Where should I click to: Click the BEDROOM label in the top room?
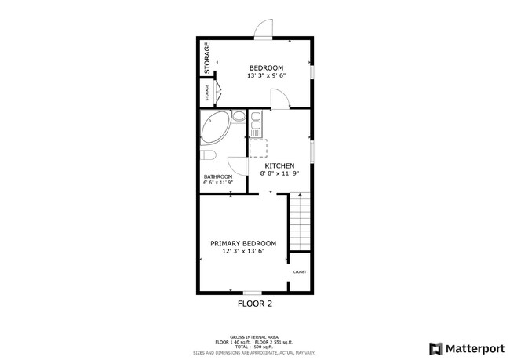click(x=266, y=67)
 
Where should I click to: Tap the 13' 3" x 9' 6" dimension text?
click(x=266, y=76)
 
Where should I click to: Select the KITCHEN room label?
click(x=279, y=165)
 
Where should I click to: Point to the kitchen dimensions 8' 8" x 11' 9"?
click(x=279, y=173)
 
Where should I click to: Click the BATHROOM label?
click(x=218, y=176)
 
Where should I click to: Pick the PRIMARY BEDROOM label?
click(x=243, y=243)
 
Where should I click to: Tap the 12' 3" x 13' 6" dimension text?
click(x=243, y=252)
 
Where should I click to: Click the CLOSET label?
click(x=300, y=272)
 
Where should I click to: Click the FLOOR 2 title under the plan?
click(x=254, y=303)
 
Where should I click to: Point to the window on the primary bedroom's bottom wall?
click(x=251, y=293)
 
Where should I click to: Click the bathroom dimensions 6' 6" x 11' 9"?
click(x=218, y=184)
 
